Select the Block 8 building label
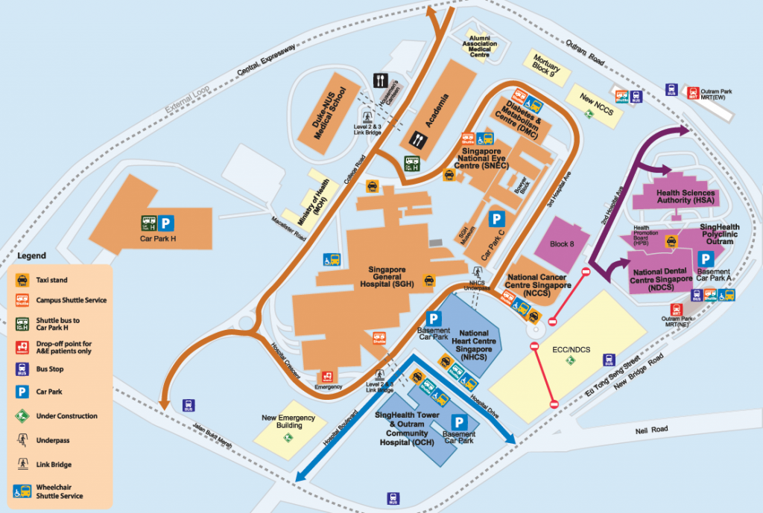[x=562, y=243]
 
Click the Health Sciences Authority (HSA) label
[x=685, y=196]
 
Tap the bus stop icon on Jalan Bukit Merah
[x=189, y=406]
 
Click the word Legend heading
[x=31, y=255]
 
